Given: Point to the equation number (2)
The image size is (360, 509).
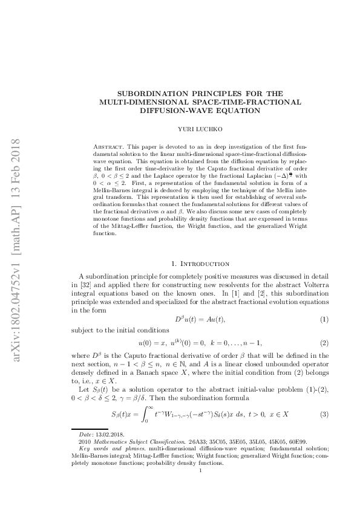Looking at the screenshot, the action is coord(324,343).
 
